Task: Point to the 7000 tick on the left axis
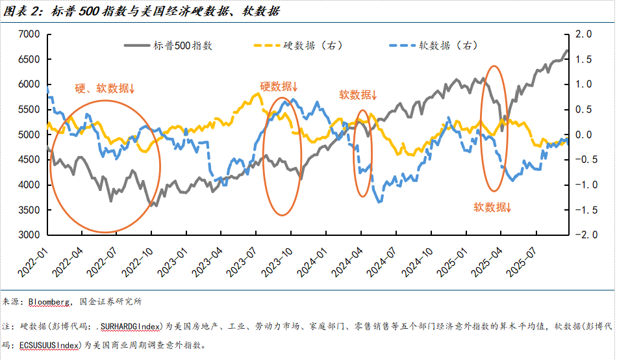[29, 34]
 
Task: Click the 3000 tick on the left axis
[29, 235]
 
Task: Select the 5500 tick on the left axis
[29, 110]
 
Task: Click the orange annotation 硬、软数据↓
[104, 89]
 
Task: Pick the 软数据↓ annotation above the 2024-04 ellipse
[357, 94]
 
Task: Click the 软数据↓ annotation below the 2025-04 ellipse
[492, 207]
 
